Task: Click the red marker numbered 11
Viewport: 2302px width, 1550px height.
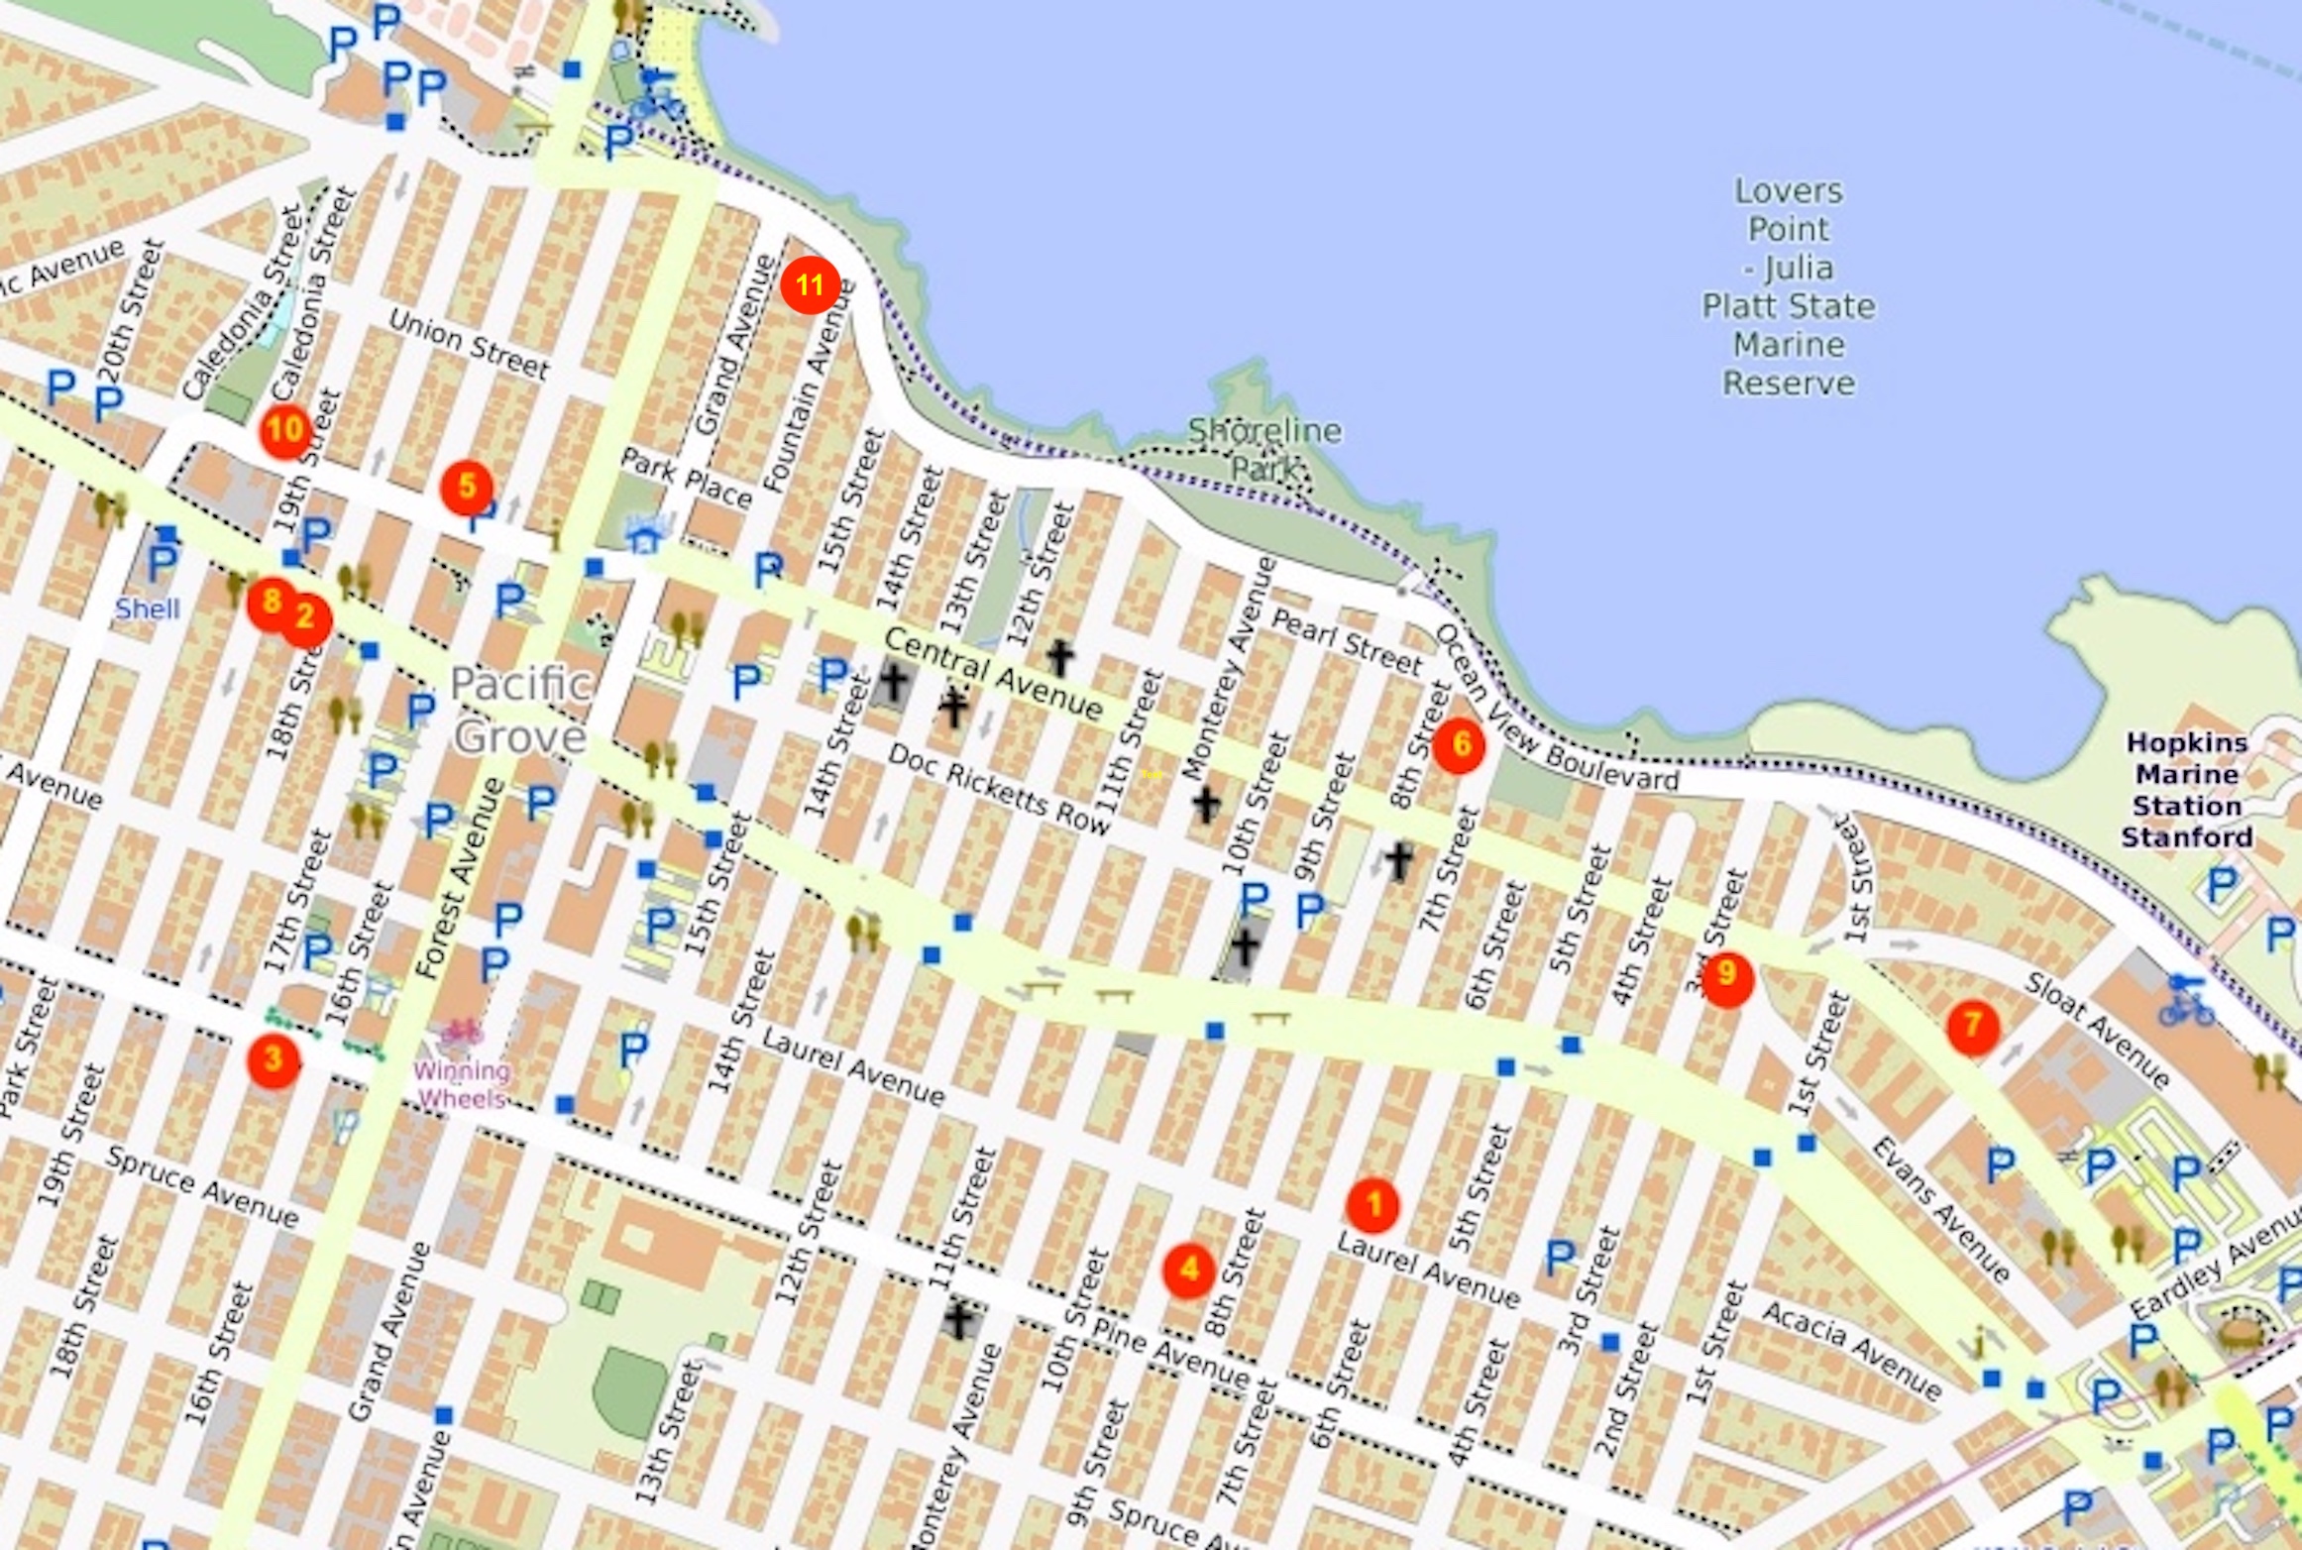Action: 810,285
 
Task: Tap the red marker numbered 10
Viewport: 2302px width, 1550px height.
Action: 284,430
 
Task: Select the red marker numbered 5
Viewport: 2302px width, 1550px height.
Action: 467,488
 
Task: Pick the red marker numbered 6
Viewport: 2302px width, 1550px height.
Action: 1459,745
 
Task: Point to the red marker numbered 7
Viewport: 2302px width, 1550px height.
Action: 1972,1027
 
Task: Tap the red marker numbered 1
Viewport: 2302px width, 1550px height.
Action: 1372,1204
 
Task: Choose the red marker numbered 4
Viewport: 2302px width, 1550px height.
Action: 1189,1270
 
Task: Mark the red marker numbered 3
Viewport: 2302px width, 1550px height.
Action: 274,1060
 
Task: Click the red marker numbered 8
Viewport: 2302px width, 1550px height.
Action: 270,601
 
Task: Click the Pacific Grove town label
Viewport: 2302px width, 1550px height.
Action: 520,710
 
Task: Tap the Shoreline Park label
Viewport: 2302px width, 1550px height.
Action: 1264,448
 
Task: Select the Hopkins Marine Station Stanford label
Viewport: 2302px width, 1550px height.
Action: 2187,790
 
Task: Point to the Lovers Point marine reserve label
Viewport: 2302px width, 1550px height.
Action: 1789,286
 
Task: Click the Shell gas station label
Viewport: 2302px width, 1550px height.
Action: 148,609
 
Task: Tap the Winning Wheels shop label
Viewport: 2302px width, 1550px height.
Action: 462,1084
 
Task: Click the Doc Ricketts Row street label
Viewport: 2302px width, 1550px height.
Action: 998,789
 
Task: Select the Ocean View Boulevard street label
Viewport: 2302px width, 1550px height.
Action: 1556,711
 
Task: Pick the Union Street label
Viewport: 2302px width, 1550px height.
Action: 468,343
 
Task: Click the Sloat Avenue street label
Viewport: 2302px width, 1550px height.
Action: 2097,1028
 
